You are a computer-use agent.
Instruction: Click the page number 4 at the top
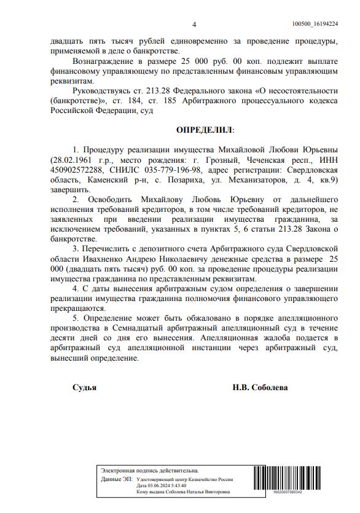tap(195, 25)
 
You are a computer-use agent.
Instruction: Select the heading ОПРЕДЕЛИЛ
tap(205, 130)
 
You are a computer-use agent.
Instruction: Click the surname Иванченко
tap(83, 259)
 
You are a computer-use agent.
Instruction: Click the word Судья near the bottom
tap(84, 388)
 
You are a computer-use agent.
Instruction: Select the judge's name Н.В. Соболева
tap(260, 388)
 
